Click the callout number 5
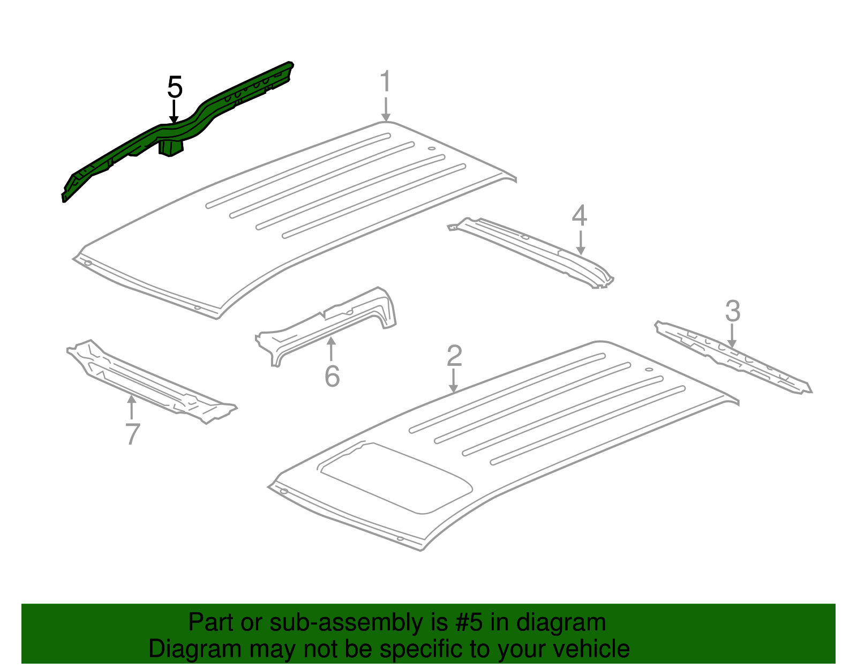[x=175, y=87]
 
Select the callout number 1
[x=385, y=81]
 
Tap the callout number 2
[x=454, y=356]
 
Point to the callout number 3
[x=733, y=311]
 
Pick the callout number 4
[x=580, y=216]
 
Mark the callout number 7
[x=132, y=434]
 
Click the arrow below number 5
[x=174, y=111]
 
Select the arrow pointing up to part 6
[x=331, y=349]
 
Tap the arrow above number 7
[x=131, y=407]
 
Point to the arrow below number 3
[x=732, y=336]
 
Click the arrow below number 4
[x=580, y=243]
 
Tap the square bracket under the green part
[x=171, y=148]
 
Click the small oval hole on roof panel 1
[x=432, y=148]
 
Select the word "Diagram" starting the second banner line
[x=195, y=649]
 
